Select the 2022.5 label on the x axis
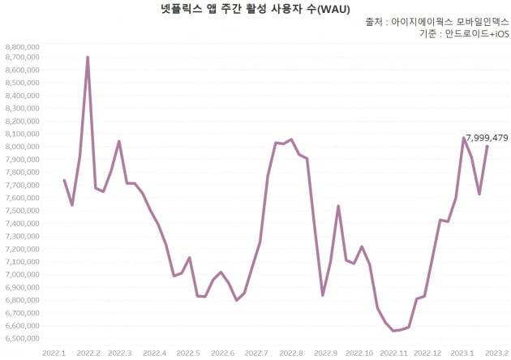point(188,354)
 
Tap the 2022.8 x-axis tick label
point(290,354)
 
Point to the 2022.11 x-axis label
point(393,354)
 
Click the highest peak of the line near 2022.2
point(88,57)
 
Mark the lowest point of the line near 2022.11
point(393,331)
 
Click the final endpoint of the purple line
point(487,147)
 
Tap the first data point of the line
point(64,180)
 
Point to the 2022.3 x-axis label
point(120,354)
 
